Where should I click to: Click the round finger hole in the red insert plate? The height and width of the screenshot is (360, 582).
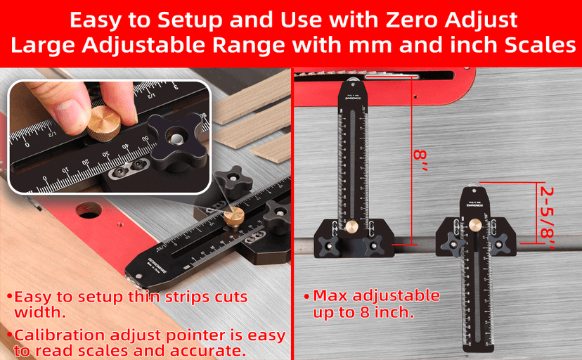pos(89,210)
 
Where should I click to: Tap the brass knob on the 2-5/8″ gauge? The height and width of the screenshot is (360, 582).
pos(475,225)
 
